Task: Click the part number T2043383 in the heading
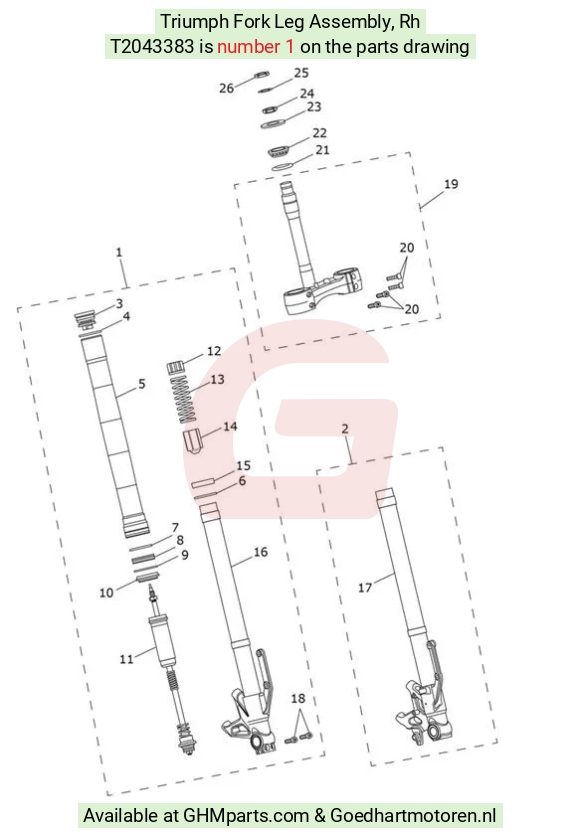point(152,47)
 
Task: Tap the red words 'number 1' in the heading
point(256,47)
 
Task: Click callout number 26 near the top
point(227,88)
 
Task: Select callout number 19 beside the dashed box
point(451,184)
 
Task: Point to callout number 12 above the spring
point(214,351)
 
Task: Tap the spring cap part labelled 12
point(177,368)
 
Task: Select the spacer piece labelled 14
point(194,440)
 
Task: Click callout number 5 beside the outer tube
point(142,384)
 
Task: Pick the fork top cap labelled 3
point(85,319)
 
